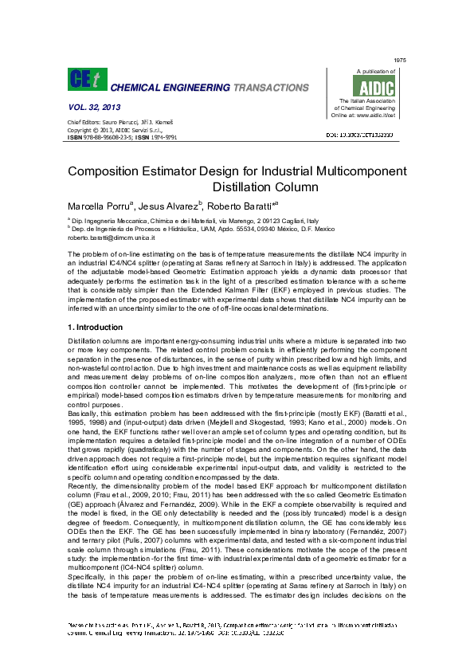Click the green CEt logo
(86, 79)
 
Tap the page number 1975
(400, 61)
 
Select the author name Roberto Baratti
(241, 206)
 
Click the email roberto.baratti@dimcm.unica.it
(111, 237)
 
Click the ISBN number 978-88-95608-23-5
(108, 137)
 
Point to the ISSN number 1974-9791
(162, 137)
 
